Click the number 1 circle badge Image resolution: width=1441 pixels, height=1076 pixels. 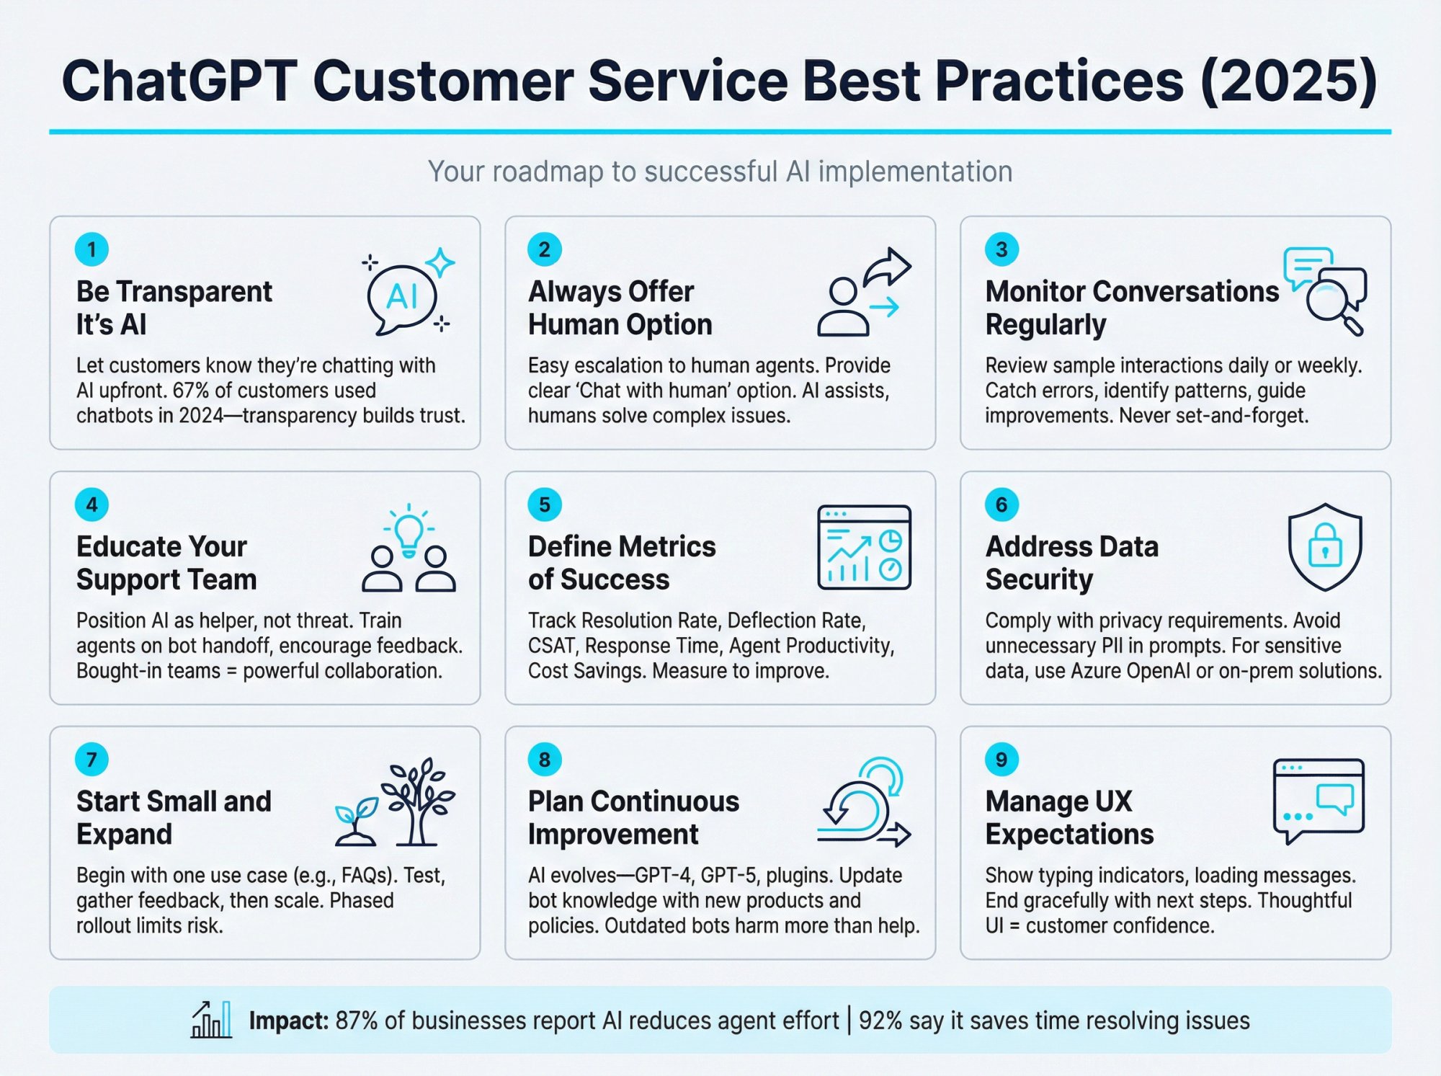pos(92,249)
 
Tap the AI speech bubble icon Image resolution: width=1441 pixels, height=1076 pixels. pos(401,298)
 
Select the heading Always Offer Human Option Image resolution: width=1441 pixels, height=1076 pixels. pos(620,308)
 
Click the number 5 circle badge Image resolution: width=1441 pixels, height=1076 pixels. pos(545,504)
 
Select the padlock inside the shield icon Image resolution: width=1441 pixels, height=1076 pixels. pos(1325,546)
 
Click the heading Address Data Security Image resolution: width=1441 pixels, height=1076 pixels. pos(1071,563)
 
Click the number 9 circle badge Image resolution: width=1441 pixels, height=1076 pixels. pos(1001,760)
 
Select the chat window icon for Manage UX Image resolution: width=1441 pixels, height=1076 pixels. pos(1318,800)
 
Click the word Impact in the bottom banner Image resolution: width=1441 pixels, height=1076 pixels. pos(288,1021)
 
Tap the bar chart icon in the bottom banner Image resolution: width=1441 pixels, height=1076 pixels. pos(211,1020)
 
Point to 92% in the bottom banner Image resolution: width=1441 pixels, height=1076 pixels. pos(880,1021)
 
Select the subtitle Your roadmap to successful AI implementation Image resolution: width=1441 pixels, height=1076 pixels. pos(720,172)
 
